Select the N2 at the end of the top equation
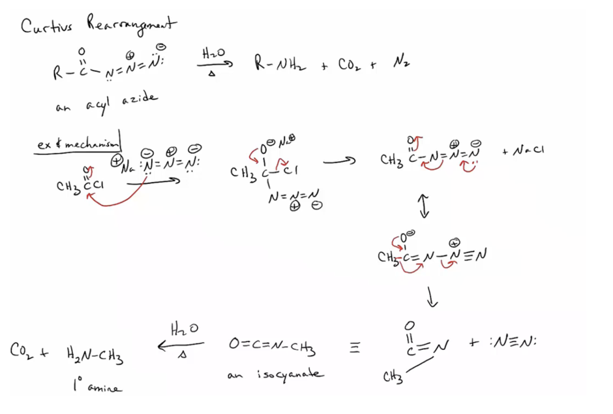coord(400,63)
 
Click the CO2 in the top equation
coord(349,64)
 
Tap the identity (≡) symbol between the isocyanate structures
coord(355,349)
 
